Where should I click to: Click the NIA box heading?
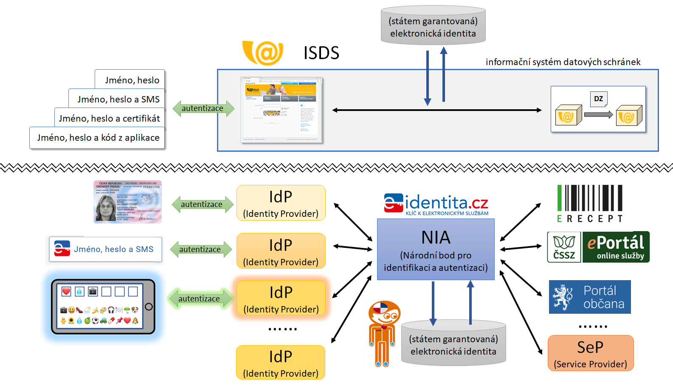point(436,237)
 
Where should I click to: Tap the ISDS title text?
point(321,53)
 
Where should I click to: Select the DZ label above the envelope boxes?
point(598,99)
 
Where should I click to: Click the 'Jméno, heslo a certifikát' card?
point(110,118)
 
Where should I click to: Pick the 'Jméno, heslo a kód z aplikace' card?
point(98,138)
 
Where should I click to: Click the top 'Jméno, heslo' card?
point(132,80)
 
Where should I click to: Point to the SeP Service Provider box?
point(590,353)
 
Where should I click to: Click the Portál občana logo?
point(589,297)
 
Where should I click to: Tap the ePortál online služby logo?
point(616,247)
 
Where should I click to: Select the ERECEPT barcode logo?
point(590,204)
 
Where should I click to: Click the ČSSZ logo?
point(564,247)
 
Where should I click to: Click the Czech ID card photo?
point(127,202)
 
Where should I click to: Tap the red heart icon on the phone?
point(66,291)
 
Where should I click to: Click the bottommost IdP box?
point(281,362)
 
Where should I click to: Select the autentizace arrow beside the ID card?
point(202,204)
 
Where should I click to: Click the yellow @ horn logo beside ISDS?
point(263,53)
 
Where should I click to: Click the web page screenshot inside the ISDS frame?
point(282,110)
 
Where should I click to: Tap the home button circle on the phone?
point(149,307)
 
